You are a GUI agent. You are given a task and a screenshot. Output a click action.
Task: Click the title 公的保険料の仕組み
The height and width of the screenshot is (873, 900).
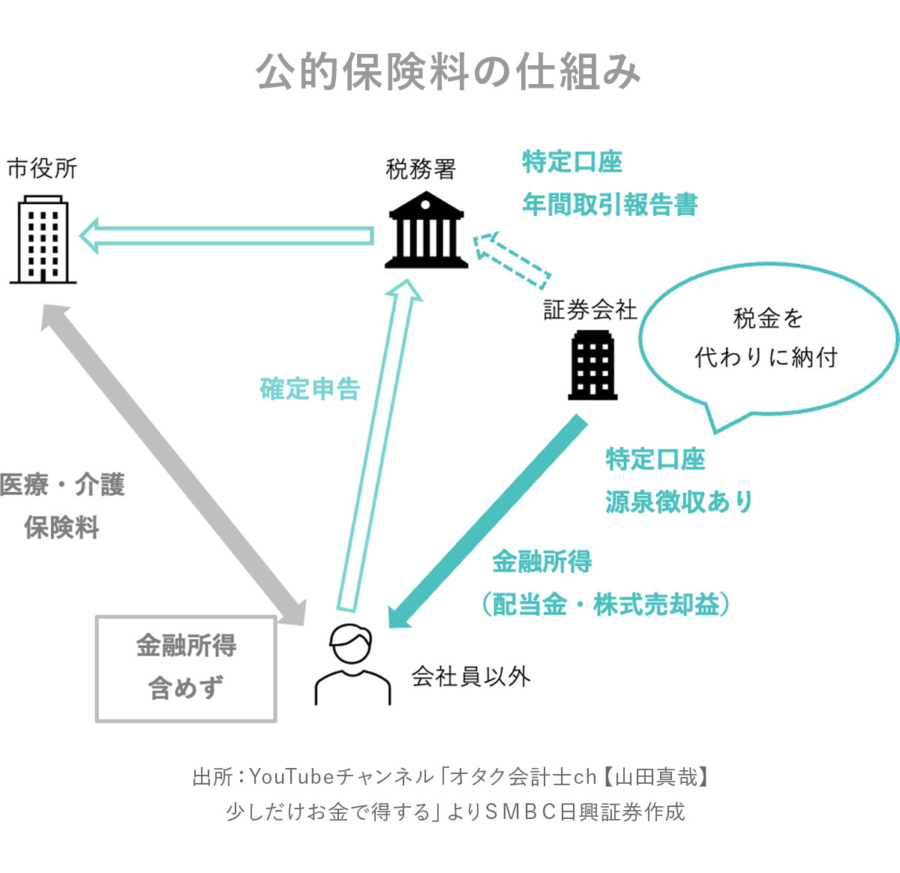tap(448, 73)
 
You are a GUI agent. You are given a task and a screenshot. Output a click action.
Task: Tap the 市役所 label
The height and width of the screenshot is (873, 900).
tap(43, 168)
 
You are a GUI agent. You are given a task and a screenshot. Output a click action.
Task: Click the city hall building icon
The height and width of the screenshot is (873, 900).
tap(43, 238)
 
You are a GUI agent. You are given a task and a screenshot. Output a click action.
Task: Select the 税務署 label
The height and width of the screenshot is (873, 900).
tap(421, 169)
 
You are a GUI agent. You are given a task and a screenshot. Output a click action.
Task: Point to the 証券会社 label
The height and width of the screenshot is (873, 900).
tap(589, 309)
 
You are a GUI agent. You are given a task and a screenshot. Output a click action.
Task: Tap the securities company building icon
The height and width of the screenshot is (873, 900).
tap(592, 366)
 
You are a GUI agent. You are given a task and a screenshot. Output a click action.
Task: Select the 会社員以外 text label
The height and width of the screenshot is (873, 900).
tap(470, 676)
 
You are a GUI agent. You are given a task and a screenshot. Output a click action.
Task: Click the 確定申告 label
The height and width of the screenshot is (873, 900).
tap(310, 388)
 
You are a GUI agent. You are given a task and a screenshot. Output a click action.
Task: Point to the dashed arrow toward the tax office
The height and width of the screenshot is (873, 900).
tap(511, 259)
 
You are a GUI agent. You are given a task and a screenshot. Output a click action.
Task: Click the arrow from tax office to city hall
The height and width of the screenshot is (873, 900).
tap(225, 235)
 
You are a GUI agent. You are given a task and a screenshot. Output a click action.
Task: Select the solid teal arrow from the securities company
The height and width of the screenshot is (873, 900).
tap(487, 521)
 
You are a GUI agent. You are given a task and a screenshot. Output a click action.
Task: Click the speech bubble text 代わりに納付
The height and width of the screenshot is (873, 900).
tap(766, 357)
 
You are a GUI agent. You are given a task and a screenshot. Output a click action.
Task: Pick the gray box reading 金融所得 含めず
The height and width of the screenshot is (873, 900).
tap(186, 668)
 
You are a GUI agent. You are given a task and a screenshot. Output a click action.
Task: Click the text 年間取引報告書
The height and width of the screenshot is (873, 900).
tap(610, 204)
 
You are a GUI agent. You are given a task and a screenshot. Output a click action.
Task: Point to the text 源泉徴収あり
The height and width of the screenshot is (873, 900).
tap(679, 501)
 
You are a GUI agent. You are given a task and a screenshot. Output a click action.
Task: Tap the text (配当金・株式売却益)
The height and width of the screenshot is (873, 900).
tap(606, 604)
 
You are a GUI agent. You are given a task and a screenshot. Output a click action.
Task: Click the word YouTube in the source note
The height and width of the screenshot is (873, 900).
tap(292, 776)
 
